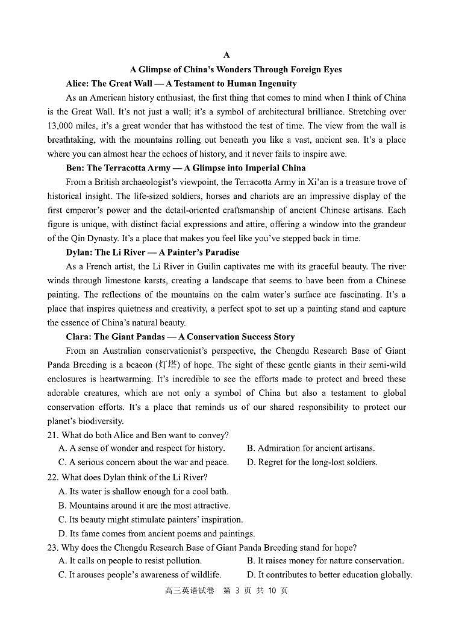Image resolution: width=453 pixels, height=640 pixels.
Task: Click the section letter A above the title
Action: pyautogui.click(x=226, y=55)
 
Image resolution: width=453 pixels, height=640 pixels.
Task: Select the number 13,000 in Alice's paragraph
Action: pyautogui.click(x=62, y=126)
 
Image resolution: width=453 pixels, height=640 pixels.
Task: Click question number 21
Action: pyautogui.click(x=53, y=435)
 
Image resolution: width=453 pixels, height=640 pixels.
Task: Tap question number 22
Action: pyautogui.click(x=53, y=477)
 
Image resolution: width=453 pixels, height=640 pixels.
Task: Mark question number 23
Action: pyautogui.click(x=53, y=548)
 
